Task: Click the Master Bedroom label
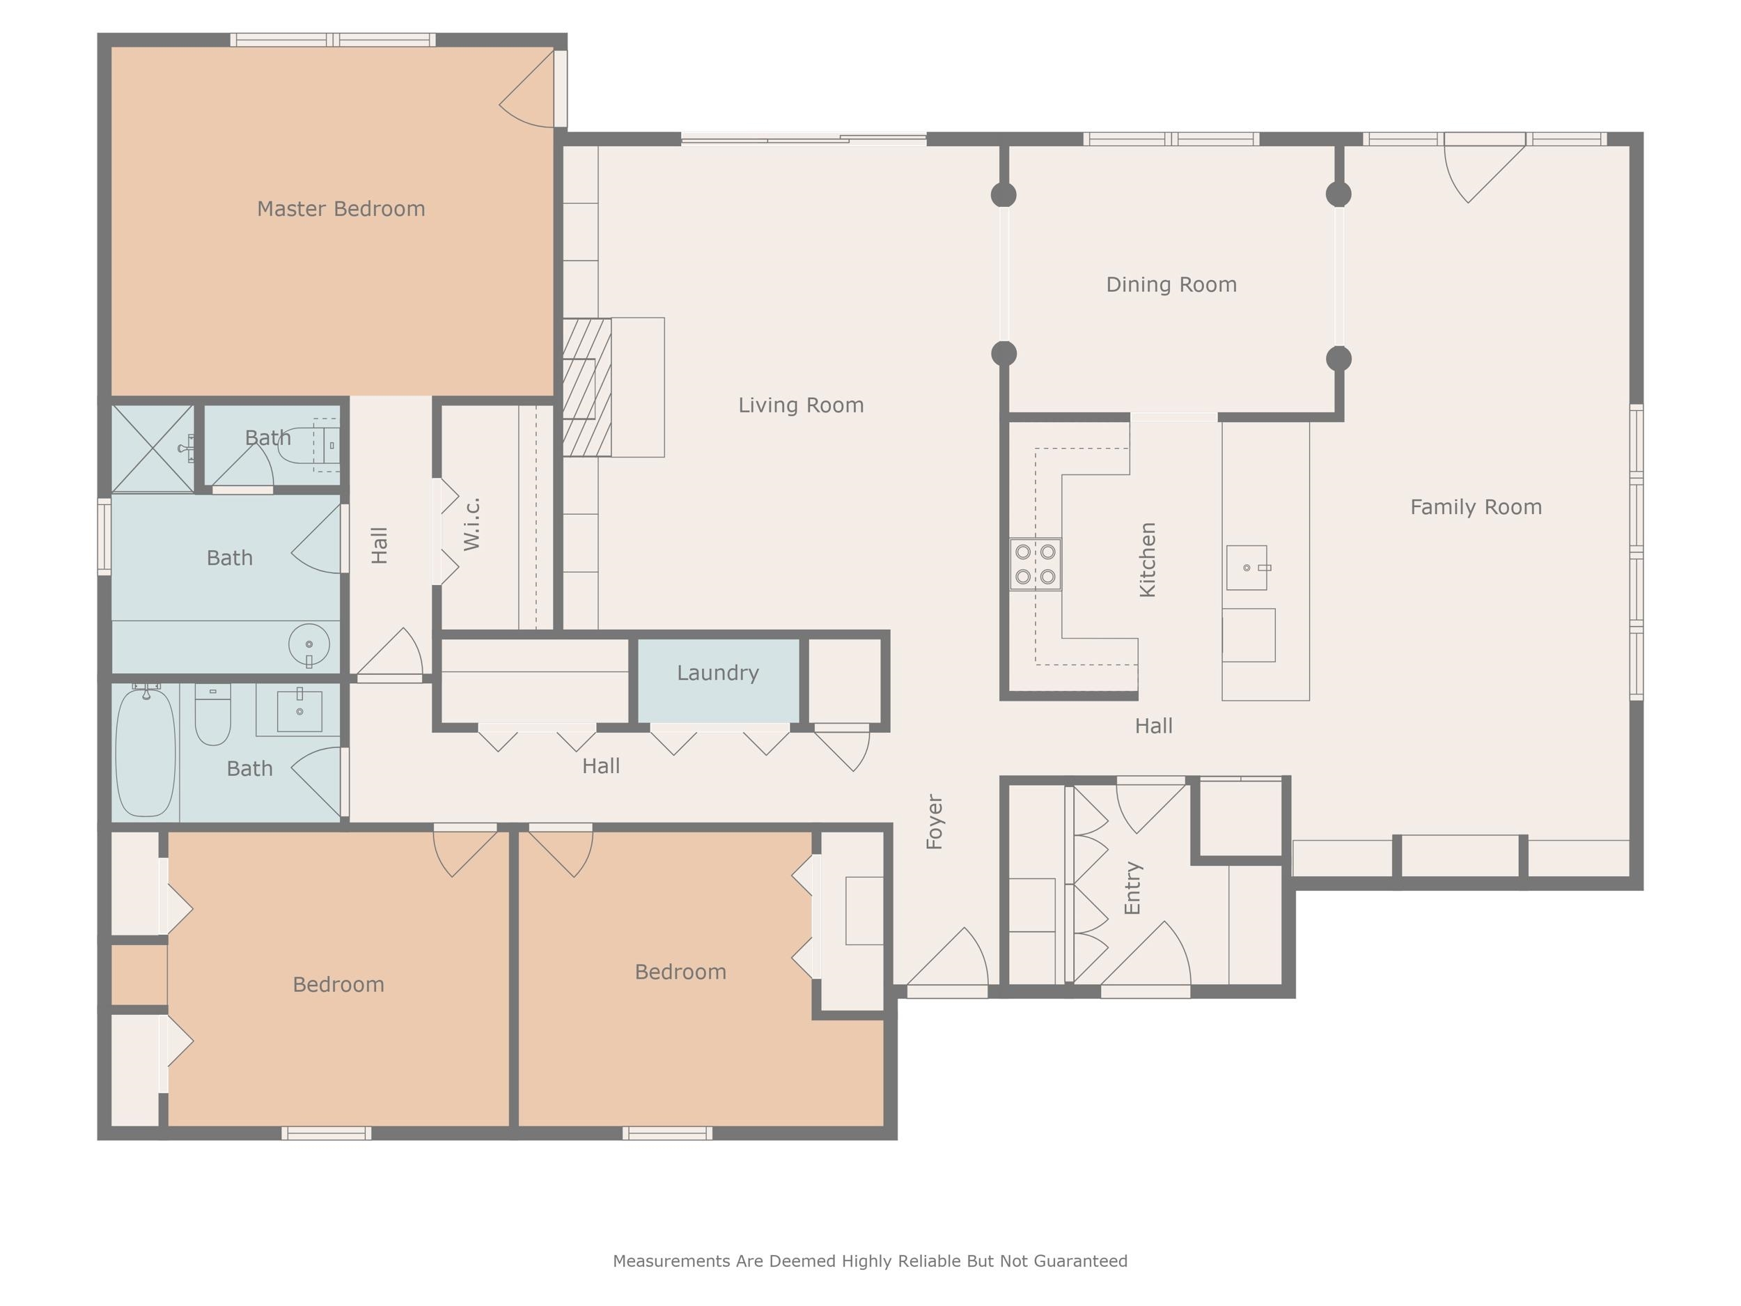pos(341,209)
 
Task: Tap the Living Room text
pos(800,405)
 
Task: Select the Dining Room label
pos(1171,285)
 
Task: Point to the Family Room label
pos(1476,507)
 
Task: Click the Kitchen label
pos(1148,560)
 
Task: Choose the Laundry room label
pos(718,673)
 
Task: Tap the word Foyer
pos(935,821)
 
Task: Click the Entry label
pos(1132,888)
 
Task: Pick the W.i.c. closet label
pos(471,524)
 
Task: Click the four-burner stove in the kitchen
pos(1035,564)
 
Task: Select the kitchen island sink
pos(1247,568)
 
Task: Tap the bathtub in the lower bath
pos(146,752)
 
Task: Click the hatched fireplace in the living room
pos(587,387)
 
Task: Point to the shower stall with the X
pos(153,449)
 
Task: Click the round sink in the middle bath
pos(309,645)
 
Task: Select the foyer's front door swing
pos(948,956)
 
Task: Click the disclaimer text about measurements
pos(870,1261)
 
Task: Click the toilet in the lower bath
pos(212,715)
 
